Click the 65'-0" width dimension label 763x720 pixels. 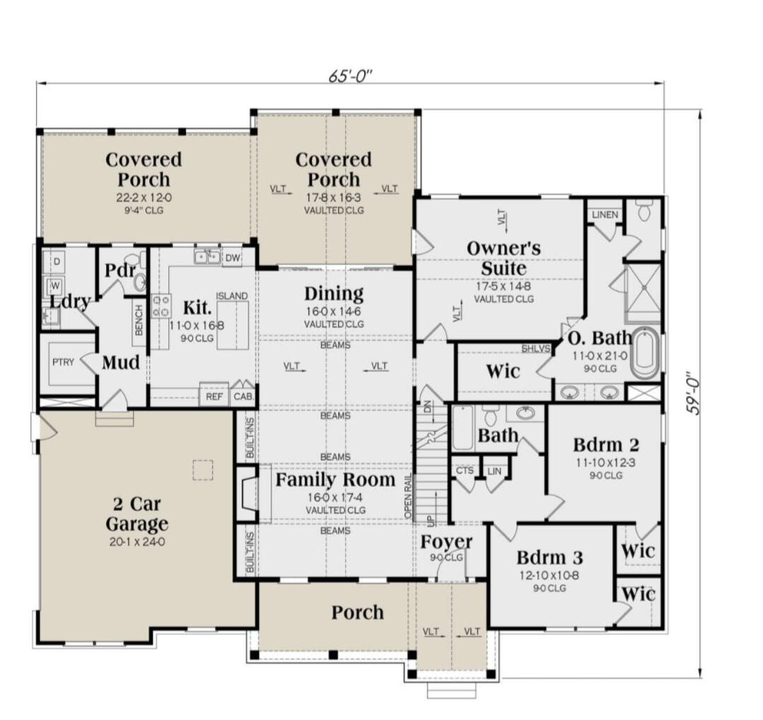[x=350, y=76]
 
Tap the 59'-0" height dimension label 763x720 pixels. [x=693, y=394]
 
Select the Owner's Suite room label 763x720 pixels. [x=503, y=258]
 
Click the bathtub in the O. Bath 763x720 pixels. [x=645, y=353]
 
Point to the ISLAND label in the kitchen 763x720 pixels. [x=232, y=296]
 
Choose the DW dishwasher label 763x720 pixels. [x=233, y=258]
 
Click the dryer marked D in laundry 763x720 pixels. [x=57, y=261]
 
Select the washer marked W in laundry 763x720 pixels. [x=55, y=285]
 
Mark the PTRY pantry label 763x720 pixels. [x=63, y=362]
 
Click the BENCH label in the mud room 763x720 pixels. [x=139, y=320]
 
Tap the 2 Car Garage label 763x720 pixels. [x=136, y=514]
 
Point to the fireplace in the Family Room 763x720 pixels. [x=248, y=494]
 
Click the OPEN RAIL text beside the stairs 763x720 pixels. [x=408, y=495]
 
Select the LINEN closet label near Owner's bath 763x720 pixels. [x=605, y=214]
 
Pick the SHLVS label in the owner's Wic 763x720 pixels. [x=536, y=348]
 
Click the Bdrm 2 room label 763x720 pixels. [x=606, y=444]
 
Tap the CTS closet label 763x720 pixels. [x=465, y=471]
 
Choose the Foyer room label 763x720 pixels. [x=446, y=541]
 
